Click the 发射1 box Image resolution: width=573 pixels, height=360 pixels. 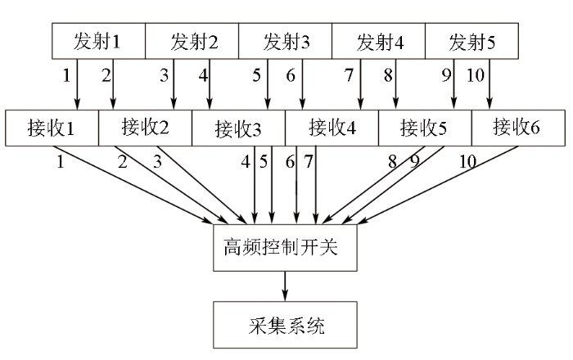(99, 41)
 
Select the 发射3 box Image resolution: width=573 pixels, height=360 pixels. (285, 41)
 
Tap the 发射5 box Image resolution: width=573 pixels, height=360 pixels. (471, 41)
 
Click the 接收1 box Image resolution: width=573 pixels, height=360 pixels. (52, 128)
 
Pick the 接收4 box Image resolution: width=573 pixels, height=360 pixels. (332, 128)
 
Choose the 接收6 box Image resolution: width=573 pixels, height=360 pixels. (518, 128)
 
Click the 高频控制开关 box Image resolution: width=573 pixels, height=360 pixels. (285, 248)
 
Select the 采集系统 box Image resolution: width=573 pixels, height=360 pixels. (285, 325)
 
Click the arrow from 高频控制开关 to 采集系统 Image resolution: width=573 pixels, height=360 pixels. (285, 286)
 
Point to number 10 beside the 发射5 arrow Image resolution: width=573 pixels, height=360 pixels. (476, 75)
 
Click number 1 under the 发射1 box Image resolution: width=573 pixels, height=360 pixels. (66, 75)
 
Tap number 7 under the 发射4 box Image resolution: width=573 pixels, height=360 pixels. (349, 75)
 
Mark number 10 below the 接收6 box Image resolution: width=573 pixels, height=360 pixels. (467, 161)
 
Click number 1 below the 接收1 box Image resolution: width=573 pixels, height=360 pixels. (61, 161)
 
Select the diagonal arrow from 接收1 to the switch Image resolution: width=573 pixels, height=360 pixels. (133, 185)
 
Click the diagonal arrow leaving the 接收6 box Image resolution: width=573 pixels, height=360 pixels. (438, 185)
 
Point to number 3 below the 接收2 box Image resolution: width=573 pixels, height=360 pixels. (157, 161)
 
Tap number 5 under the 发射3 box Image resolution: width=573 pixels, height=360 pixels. (256, 75)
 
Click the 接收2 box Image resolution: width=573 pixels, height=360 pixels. (145, 128)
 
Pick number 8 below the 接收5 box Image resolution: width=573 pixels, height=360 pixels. (392, 161)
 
